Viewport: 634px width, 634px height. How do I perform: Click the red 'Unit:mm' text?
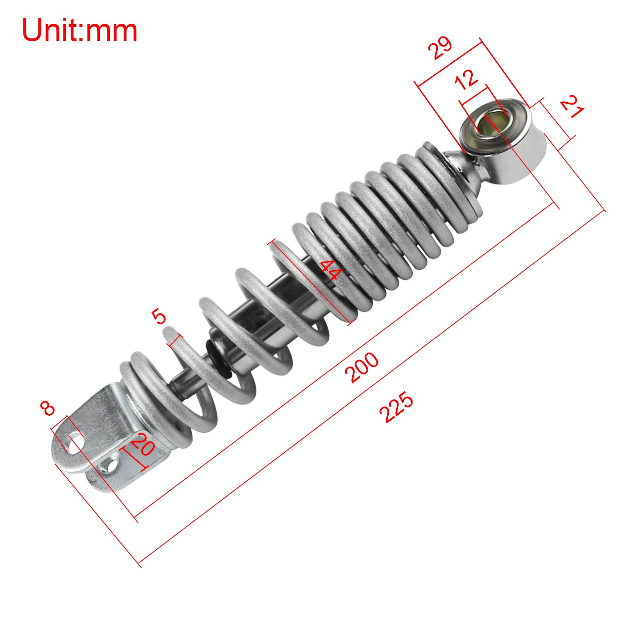(x=79, y=31)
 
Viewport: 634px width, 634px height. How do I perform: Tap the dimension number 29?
(x=440, y=48)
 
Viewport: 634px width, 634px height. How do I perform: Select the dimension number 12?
(x=466, y=79)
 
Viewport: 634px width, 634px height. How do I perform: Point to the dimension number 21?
(x=572, y=106)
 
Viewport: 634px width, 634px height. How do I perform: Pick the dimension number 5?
(x=159, y=317)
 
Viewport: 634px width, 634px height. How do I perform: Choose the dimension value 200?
(x=361, y=367)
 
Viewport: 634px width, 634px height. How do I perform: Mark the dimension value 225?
(x=396, y=407)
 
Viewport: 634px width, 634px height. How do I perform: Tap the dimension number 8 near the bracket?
(x=48, y=408)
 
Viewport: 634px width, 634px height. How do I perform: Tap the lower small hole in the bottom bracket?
(x=111, y=464)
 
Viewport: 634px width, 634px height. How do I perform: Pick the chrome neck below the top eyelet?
(x=468, y=166)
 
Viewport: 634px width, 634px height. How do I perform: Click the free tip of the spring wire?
(x=169, y=330)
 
